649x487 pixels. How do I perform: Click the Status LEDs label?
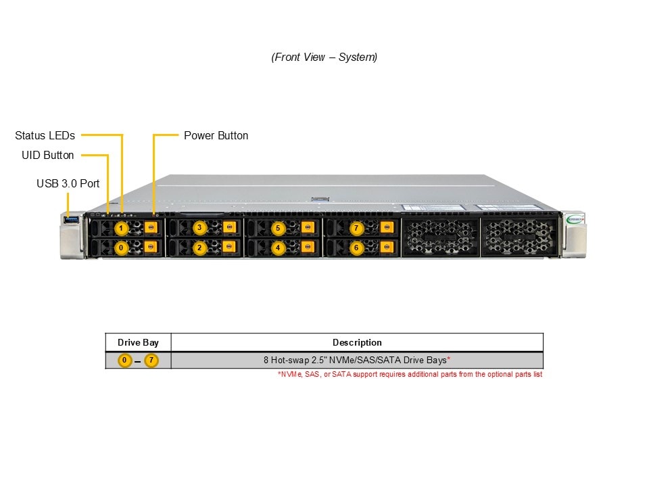pos(45,135)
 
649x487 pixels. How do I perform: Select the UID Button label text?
pos(48,155)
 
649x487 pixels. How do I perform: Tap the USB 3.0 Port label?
pos(68,183)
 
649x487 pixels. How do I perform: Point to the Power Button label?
pos(216,135)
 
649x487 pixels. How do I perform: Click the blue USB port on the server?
pos(71,219)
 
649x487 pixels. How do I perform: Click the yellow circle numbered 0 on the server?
pos(121,248)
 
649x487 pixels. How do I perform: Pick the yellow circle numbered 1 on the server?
pos(121,228)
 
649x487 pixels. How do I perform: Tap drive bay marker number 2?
pos(199,248)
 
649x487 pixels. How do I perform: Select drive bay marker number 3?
pos(199,228)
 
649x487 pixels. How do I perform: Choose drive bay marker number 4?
pos(278,248)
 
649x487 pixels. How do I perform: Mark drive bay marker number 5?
pos(278,228)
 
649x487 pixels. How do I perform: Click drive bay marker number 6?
pos(356,248)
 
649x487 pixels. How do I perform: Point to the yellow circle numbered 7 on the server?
pos(356,228)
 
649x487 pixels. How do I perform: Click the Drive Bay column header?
pos(138,342)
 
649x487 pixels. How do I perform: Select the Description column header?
pos(357,342)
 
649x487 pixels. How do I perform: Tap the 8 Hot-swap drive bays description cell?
pos(357,361)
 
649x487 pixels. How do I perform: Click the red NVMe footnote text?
pos(410,374)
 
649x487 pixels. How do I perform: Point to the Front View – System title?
pos(324,57)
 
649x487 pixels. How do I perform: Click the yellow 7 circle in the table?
pos(151,361)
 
